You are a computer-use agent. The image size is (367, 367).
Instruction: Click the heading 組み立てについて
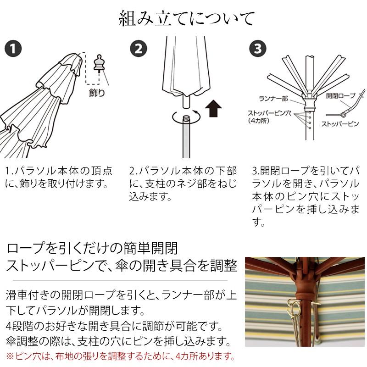187,19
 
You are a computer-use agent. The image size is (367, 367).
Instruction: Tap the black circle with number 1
13,49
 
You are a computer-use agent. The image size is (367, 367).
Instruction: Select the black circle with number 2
139,49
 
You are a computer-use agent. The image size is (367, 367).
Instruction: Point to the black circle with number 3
258,49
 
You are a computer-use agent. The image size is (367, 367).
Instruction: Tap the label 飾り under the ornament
97,93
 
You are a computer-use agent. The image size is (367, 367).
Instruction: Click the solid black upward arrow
213,108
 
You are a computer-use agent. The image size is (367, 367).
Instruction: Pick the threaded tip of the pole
186,118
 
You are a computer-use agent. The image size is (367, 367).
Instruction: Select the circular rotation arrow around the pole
186,116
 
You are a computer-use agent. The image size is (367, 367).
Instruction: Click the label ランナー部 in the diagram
273,99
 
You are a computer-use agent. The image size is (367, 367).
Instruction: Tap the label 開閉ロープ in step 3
341,95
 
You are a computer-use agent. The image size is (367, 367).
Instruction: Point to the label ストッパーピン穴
269,113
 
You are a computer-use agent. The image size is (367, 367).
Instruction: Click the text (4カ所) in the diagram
258,121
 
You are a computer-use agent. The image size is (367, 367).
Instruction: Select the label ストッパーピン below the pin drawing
340,124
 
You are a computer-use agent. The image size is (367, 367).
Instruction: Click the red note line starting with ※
121,356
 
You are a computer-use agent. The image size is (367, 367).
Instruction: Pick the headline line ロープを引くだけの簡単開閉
92,248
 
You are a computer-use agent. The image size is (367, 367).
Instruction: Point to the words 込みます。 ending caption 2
150,196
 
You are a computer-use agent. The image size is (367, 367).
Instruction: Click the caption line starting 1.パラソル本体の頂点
59,171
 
